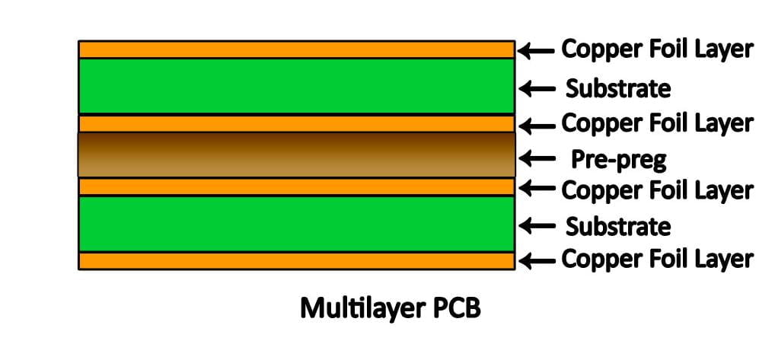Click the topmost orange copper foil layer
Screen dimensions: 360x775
(x=296, y=49)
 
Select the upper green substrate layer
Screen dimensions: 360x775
(x=296, y=86)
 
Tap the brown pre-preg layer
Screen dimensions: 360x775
(x=296, y=155)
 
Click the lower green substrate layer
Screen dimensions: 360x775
(x=296, y=223)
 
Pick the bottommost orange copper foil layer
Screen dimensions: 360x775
(x=296, y=260)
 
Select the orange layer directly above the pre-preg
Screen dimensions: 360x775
(x=296, y=123)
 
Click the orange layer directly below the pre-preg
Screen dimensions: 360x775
(x=296, y=186)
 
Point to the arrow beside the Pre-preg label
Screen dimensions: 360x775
(x=539, y=159)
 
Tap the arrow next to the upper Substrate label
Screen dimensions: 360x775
(x=539, y=89)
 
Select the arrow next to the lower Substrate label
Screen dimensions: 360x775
(x=539, y=226)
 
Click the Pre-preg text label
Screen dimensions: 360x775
(x=618, y=160)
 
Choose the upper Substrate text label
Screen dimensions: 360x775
(x=618, y=89)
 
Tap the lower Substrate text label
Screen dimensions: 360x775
(x=618, y=226)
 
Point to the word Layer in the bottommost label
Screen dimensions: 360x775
(x=720, y=260)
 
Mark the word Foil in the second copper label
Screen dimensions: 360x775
(x=663, y=123)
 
